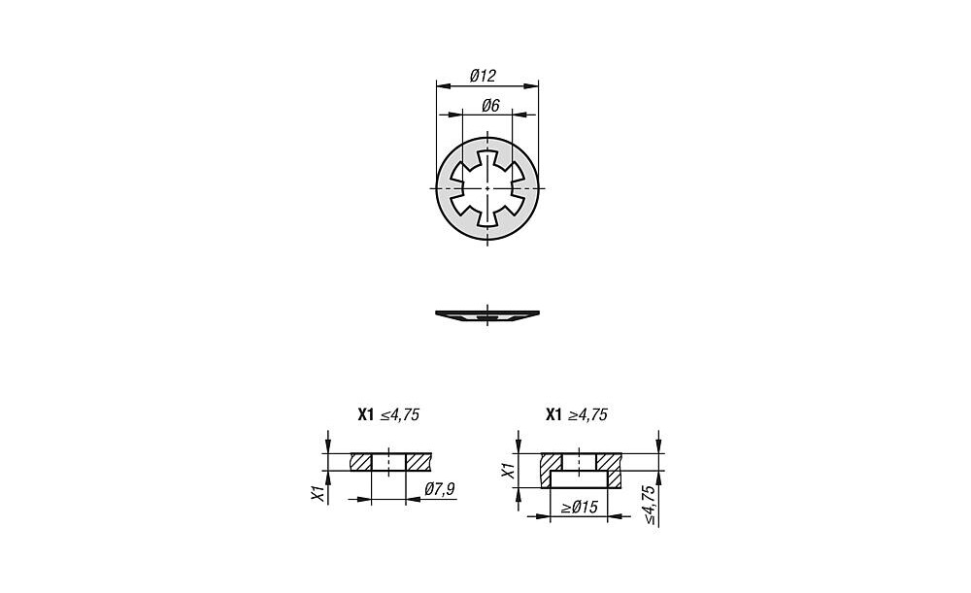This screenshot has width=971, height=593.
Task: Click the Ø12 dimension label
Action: [483, 76]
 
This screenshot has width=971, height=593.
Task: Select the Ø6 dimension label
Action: [490, 106]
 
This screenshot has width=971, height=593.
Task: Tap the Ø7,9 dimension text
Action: [440, 489]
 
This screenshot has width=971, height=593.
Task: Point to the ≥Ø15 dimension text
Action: [579, 508]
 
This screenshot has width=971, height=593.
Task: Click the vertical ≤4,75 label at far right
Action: [649, 505]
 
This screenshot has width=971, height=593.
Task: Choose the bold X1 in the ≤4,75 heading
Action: [366, 414]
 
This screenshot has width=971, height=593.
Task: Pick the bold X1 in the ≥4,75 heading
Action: [553, 414]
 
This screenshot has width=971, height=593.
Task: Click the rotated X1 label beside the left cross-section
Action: [318, 493]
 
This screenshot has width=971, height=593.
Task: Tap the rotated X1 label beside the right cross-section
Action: [508, 471]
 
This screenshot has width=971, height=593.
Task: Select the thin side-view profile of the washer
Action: [487, 315]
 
